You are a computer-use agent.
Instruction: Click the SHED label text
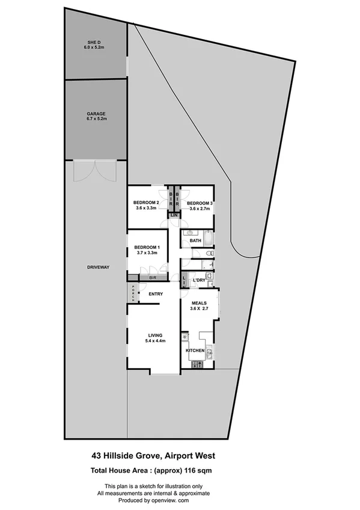pyautogui.click(x=96, y=43)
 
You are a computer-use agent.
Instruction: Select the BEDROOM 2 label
pyautogui.click(x=145, y=202)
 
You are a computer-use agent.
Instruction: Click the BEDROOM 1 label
pyautogui.click(x=147, y=248)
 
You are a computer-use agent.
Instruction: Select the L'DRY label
pyautogui.click(x=200, y=281)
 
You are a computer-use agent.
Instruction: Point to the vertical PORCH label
pyautogui.click(x=133, y=292)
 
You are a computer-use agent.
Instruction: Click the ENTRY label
pyautogui.click(x=156, y=294)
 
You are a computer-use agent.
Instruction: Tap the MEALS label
pyautogui.click(x=199, y=303)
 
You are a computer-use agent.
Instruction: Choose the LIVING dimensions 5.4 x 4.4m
pyautogui.click(x=156, y=342)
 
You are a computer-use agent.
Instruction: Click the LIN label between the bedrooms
pyautogui.click(x=174, y=215)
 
